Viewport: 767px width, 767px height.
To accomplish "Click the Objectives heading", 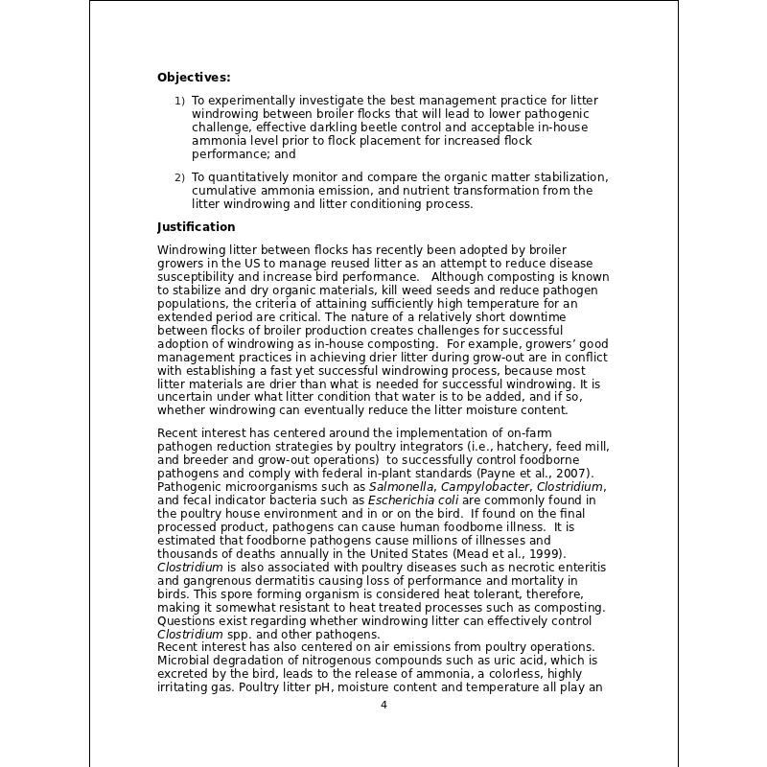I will click(194, 78).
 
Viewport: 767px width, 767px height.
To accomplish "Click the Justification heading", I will click(196, 227).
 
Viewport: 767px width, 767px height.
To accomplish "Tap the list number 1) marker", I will click(179, 101).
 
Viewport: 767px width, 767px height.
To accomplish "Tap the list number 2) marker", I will click(179, 178).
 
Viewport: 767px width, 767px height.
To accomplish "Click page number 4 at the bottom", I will click(383, 705).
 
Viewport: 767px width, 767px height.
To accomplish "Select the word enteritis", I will click(579, 568).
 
